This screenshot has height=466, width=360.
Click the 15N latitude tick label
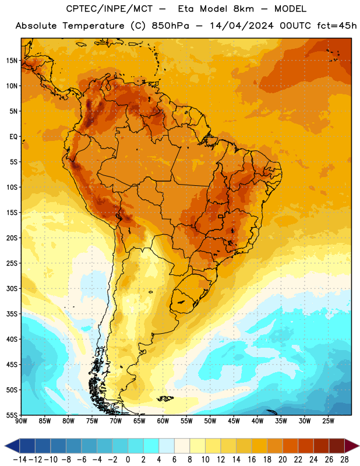pos(12,61)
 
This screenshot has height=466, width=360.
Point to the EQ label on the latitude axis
pos(13,137)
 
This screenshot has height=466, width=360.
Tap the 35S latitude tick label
pos(12,314)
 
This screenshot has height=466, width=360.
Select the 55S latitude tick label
pos(12,415)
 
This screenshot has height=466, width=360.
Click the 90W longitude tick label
pos(21,421)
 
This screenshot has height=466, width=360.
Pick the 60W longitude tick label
pos(163,421)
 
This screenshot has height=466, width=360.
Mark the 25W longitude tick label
pos(328,421)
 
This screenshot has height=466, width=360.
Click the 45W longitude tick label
pos(234,421)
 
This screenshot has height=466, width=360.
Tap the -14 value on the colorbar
pos(20,460)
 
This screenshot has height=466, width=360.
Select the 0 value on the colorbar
pos(128,460)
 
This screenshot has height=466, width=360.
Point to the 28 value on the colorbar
pos(344,460)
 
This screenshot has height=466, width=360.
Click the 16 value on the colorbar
pos(252,460)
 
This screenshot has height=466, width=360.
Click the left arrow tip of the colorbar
pos(5,446)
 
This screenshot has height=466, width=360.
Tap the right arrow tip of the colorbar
pos(359,446)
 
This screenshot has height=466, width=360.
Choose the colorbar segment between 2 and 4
pos(151,446)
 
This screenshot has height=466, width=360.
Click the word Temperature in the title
pos(93,26)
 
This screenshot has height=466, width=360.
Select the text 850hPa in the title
pos(170,26)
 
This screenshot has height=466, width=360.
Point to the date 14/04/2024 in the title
pos(241,26)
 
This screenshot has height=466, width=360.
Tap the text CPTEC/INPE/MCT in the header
pos(110,9)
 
